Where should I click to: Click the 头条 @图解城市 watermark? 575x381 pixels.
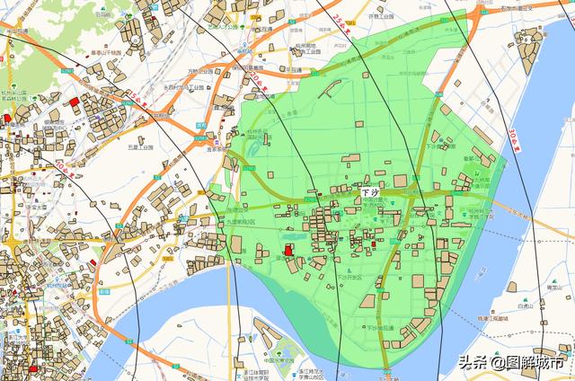point(512,363)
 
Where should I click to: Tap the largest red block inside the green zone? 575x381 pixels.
point(289,250)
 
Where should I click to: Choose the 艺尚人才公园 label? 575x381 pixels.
point(220,27)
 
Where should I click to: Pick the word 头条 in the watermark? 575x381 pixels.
point(473,363)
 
